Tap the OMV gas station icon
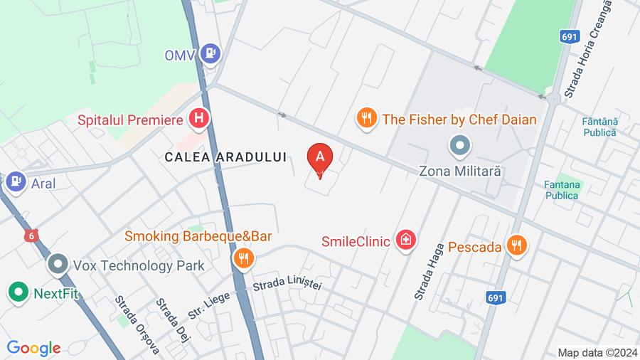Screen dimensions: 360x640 [x=210, y=53]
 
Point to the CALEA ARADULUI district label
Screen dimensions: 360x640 [x=225, y=157]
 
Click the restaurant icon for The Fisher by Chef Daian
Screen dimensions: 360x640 [x=366, y=118]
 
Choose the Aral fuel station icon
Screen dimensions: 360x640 [x=14, y=183]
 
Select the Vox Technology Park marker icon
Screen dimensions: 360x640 [x=57, y=265]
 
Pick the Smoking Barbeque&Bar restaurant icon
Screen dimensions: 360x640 [x=243, y=258]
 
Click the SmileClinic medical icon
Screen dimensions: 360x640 [x=405, y=240]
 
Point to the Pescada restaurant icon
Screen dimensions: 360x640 [x=517, y=246]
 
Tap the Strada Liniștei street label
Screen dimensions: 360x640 [x=287, y=283]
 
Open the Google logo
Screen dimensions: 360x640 [x=33, y=348]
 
